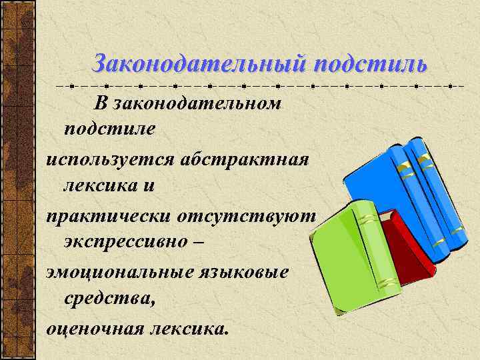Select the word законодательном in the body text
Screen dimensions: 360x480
coord(197,103)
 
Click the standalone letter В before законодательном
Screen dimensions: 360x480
coord(100,103)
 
